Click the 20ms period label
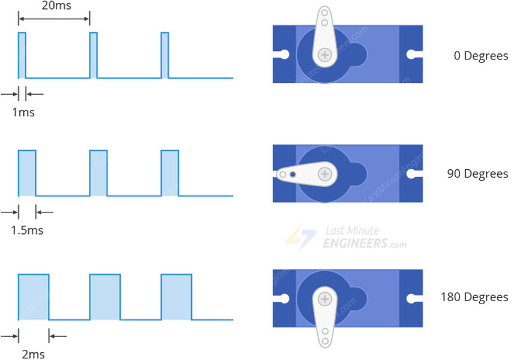[x=56, y=5]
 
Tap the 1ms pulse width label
[x=23, y=112]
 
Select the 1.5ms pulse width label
[x=27, y=230]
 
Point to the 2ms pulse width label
[x=33, y=354]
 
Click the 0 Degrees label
[x=481, y=56]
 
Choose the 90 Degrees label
[x=477, y=174]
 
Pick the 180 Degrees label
[x=474, y=297]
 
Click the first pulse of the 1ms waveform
[x=22, y=55]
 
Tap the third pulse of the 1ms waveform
[x=165, y=55]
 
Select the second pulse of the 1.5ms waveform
[x=98, y=173]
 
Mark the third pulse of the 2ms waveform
[x=176, y=297]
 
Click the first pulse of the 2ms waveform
[x=34, y=297]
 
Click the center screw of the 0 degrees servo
[x=324, y=55]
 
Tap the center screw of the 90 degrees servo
[x=324, y=174]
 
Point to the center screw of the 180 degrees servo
[x=324, y=299]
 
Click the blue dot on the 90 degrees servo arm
[x=293, y=175]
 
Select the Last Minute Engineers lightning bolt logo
[x=301, y=237]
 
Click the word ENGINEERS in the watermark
[x=355, y=243]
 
